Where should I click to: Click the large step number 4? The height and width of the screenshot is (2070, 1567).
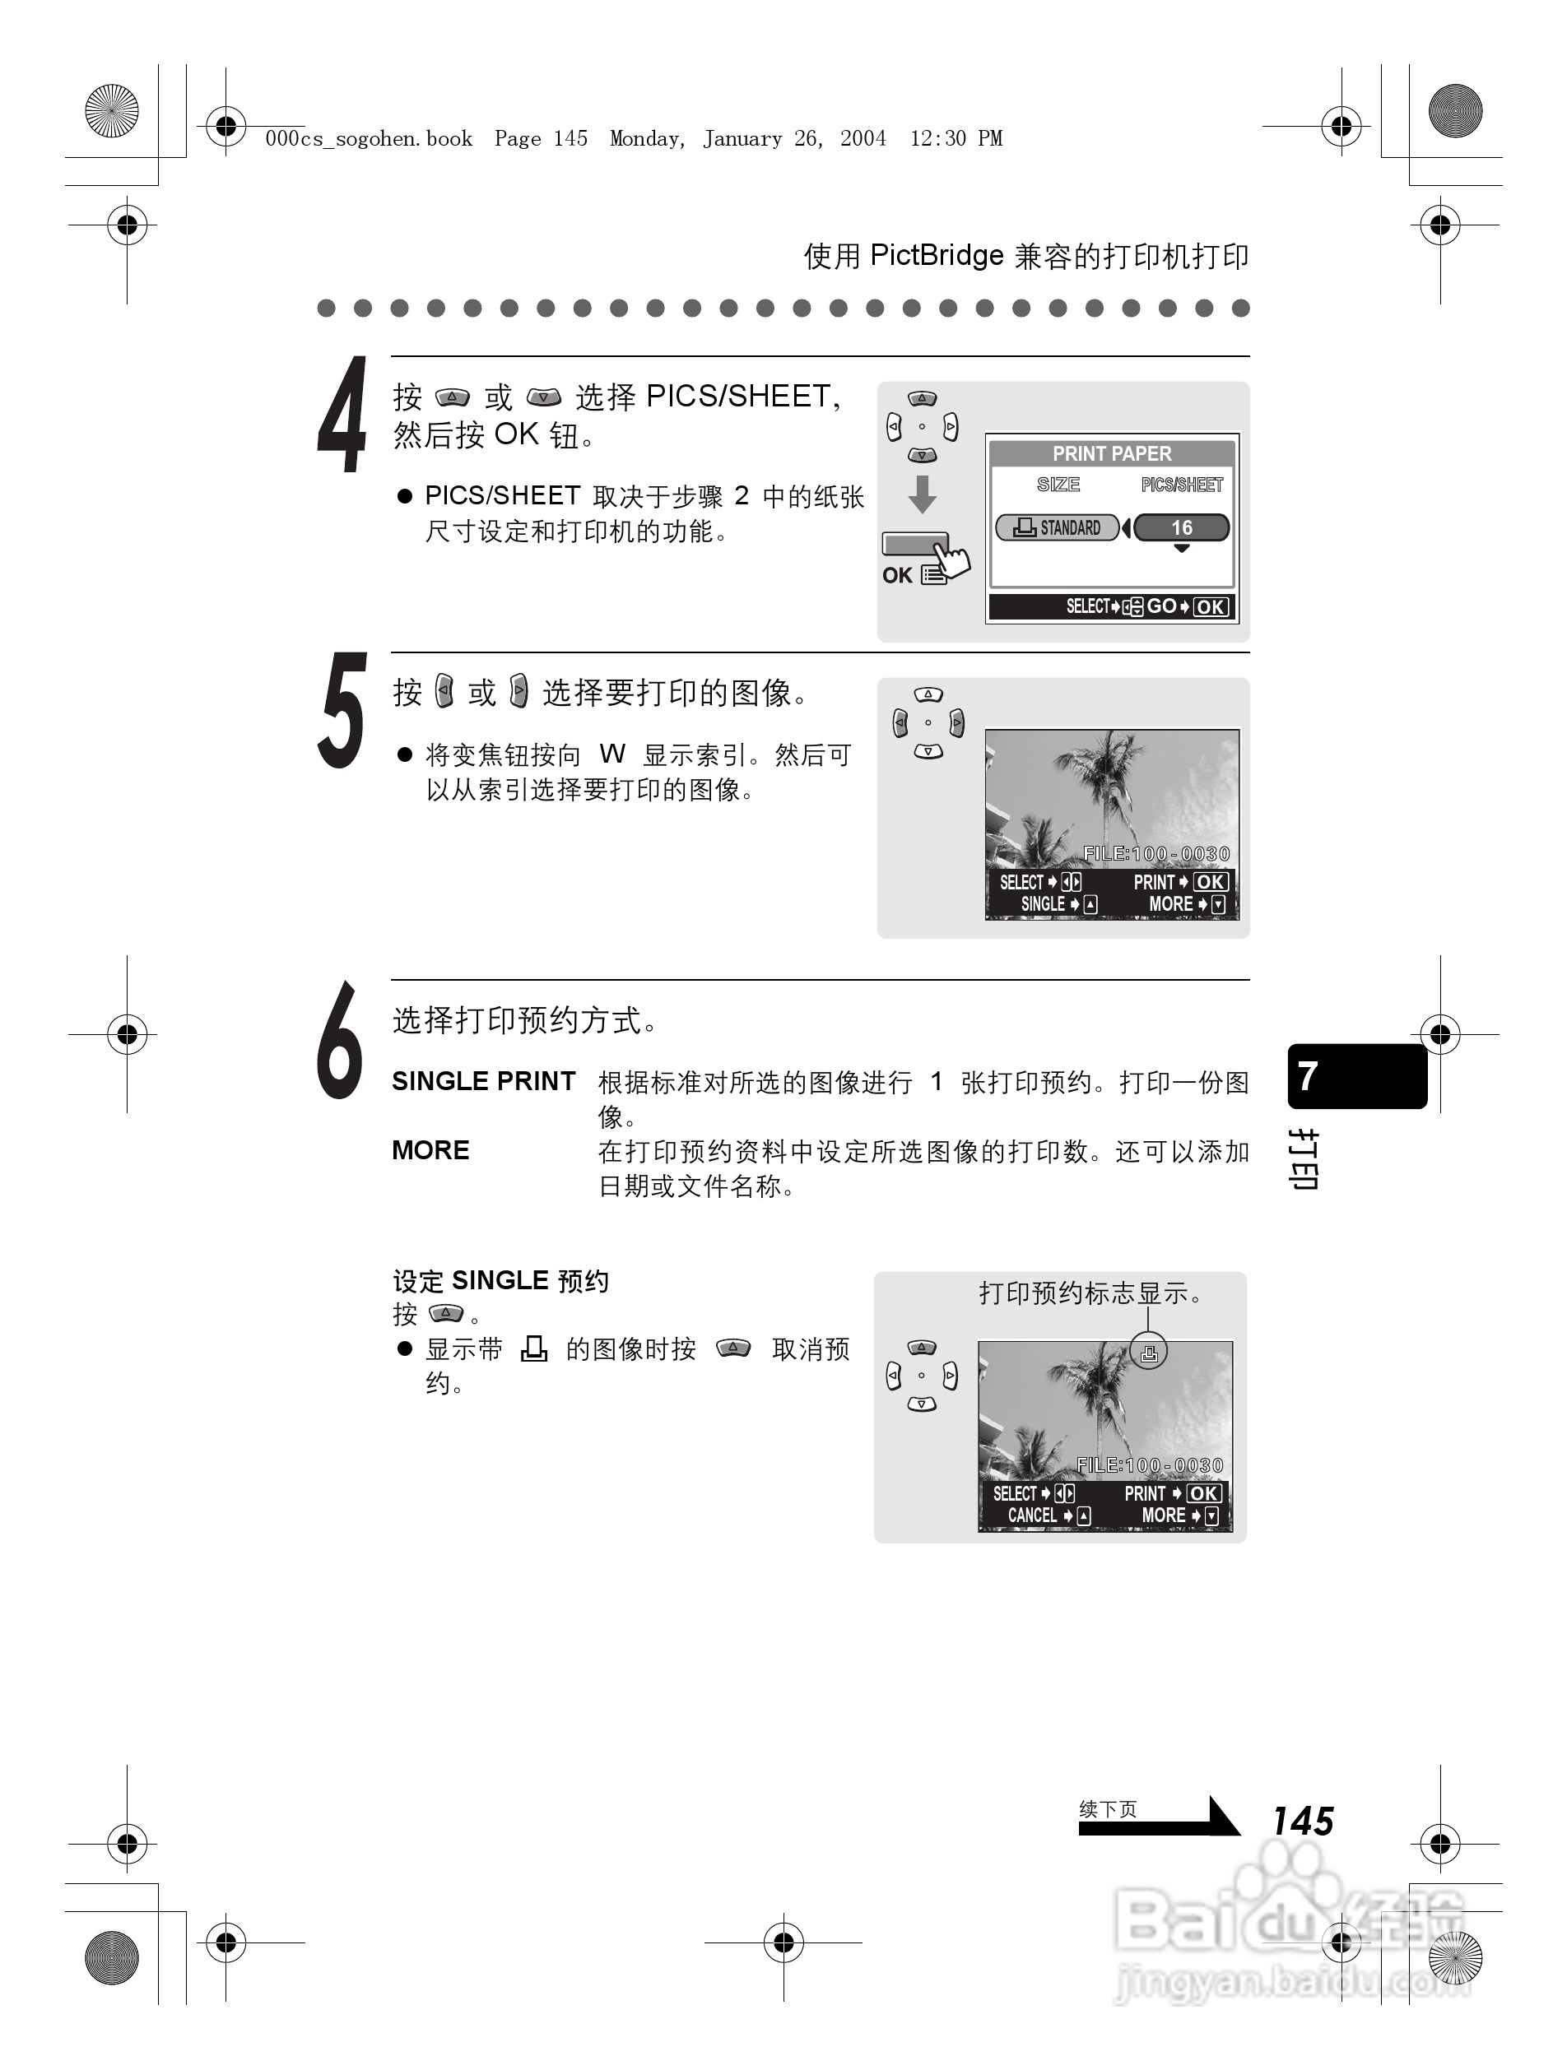tap(342, 415)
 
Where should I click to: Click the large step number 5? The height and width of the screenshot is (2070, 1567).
tap(342, 711)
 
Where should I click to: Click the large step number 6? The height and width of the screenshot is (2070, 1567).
tap(340, 1040)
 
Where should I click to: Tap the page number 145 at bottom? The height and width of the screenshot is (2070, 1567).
tap(1302, 1821)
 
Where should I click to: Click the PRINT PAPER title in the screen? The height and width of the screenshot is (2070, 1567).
tap(1111, 454)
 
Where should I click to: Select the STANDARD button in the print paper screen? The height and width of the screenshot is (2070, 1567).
tap(1058, 528)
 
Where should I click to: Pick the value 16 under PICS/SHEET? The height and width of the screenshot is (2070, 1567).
tap(1181, 528)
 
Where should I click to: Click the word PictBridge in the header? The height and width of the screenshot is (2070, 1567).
tap(936, 256)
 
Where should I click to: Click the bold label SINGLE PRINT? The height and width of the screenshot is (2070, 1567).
tap(483, 1082)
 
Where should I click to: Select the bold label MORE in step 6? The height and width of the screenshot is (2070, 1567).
tap(430, 1151)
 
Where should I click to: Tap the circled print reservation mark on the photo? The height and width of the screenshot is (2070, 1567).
tap(1149, 1353)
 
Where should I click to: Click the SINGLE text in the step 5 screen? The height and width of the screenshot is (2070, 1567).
tap(1043, 904)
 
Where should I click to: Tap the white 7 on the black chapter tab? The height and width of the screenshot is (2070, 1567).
tap(1309, 1076)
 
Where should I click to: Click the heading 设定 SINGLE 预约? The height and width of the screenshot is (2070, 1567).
tap(501, 1281)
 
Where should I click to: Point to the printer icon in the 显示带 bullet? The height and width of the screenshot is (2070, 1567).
tap(533, 1348)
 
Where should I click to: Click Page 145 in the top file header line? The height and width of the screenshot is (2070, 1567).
tap(541, 138)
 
